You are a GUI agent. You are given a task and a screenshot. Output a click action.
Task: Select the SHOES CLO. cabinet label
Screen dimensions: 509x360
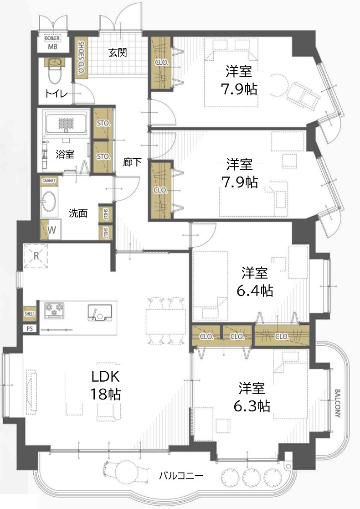click(81, 57)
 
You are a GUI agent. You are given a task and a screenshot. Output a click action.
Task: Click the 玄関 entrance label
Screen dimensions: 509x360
click(118, 52)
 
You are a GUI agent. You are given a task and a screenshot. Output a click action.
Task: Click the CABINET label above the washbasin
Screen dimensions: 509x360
click(49, 181)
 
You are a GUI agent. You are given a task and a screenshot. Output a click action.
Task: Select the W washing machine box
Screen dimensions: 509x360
click(51, 230)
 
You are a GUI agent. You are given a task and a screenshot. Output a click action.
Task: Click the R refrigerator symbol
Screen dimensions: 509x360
click(36, 256)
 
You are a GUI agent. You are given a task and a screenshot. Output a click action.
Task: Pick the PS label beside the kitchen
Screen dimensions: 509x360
click(30, 328)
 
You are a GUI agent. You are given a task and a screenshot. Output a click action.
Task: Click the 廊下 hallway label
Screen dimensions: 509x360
click(132, 162)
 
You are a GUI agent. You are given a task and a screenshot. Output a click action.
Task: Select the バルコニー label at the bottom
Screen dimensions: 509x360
click(181, 476)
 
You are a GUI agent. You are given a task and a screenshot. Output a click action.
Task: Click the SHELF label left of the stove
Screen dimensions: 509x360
click(30, 314)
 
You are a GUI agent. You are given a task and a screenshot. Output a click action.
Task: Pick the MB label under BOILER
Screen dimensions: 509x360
click(53, 47)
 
